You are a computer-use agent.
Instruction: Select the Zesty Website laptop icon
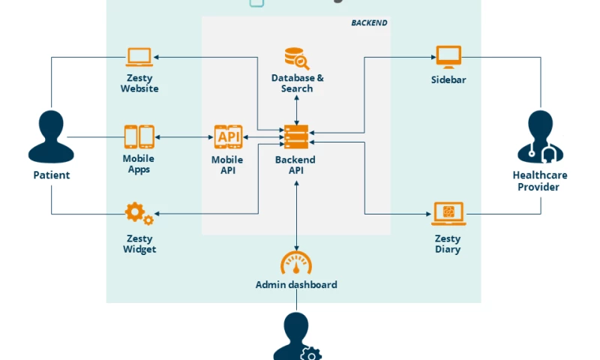139,57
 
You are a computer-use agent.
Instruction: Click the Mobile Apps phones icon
139,137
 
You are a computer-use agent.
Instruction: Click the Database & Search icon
297,58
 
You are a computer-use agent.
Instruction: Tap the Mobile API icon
228,137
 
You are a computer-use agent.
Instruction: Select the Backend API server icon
296,137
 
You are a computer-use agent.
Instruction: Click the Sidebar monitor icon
448,56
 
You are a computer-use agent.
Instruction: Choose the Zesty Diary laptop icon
448,214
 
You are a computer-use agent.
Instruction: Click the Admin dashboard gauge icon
296,262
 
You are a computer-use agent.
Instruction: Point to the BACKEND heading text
369,23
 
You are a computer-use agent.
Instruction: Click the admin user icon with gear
297,337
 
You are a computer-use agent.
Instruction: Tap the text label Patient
51,175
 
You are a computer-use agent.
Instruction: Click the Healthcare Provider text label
539,181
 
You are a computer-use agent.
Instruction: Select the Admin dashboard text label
296,285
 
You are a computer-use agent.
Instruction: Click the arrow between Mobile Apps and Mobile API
184,137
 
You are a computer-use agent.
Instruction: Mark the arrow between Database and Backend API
297,109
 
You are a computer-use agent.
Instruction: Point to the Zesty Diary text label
448,244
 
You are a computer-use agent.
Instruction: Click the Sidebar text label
448,80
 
